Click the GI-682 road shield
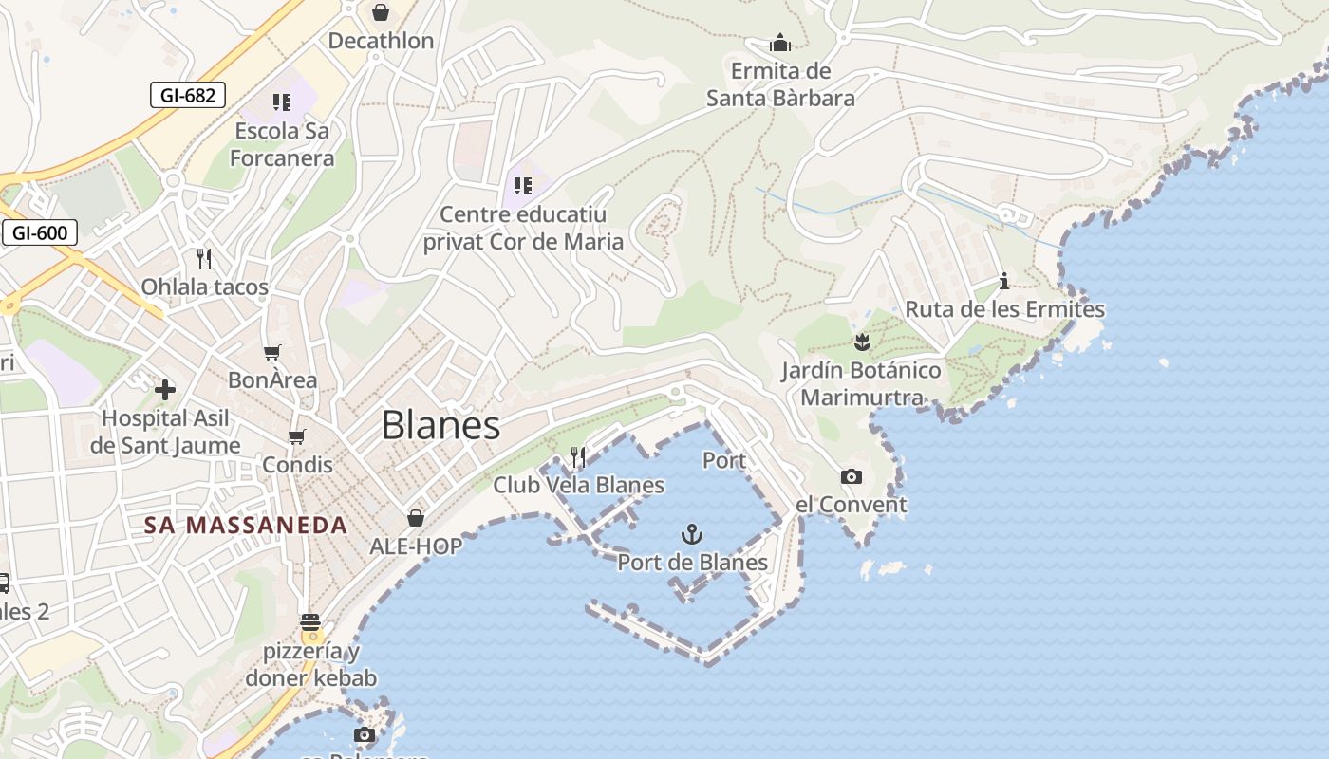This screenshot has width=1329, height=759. pos(188,95)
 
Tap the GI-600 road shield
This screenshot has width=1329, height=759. pos(39,232)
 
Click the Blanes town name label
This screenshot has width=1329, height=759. pos(440,426)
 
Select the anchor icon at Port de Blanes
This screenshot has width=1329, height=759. pos(693,534)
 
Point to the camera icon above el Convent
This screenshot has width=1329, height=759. pos(852,476)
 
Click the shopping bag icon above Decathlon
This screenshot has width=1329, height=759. pos(381,12)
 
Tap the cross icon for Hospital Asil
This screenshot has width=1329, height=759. pos(165,389)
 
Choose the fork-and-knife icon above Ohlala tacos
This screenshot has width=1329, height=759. pos(203,258)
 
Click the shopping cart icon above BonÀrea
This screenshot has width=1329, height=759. pos(272,353)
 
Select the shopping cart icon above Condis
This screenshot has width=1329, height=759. pos(297,436)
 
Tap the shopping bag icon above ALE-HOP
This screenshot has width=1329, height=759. pos(416,517)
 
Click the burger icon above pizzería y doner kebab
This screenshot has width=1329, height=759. pos(310,623)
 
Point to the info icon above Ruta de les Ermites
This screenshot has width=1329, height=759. pos(1004,281)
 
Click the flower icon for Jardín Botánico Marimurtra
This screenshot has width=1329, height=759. pos(862,341)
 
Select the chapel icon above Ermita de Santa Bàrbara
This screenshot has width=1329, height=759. pos(780,43)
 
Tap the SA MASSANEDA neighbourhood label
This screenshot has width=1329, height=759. pos(246,525)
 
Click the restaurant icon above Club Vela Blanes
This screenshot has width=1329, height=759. pos(578,457)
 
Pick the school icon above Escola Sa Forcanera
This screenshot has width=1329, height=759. pos(282,102)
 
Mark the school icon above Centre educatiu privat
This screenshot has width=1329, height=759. pos(522,185)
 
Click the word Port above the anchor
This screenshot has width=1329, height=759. pos(724,461)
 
